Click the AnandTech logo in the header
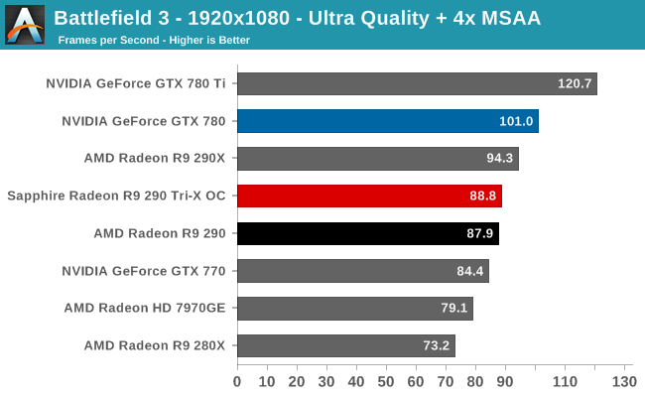[25, 25]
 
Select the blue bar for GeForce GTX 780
[387, 121]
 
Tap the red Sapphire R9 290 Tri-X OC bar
[369, 196]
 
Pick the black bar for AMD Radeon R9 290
[367, 233]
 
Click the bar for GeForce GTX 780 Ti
[417, 83]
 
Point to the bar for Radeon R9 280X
[345, 345]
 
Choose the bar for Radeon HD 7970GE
[354, 308]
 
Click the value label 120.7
[575, 83]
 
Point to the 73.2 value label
[434, 345]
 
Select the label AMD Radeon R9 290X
[156, 159]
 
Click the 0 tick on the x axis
[237, 381]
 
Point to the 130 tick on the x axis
[623, 381]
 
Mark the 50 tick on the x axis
[386, 381]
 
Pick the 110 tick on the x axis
[564, 381]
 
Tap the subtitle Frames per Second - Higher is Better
[154, 40]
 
